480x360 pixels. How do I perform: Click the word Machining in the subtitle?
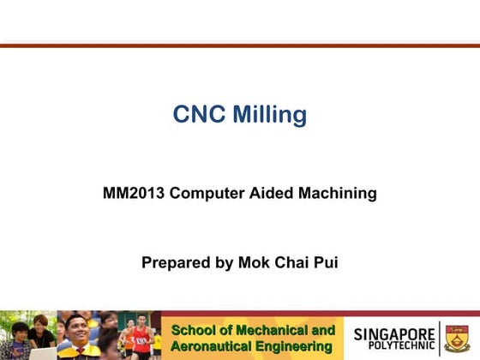[x=337, y=194]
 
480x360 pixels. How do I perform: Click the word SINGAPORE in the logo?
[x=393, y=332]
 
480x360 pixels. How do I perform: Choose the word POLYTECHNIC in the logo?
[x=394, y=345]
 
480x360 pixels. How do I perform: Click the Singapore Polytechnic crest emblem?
[x=457, y=338]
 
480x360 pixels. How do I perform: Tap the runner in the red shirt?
[x=139, y=336]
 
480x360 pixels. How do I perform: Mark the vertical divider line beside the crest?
[x=440, y=338]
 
